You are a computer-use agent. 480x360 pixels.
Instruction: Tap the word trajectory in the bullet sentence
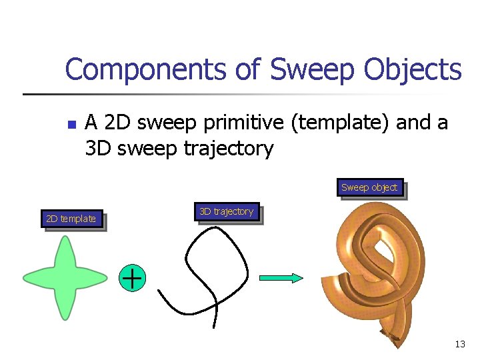click(227, 149)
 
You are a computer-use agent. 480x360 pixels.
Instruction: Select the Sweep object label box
click(369, 188)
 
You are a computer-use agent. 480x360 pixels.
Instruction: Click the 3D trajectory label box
click(226, 212)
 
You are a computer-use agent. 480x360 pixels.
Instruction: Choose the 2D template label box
click(71, 219)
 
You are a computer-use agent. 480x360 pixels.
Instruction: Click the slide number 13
click(459, 345)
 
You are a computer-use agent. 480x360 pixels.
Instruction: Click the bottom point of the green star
click(65, 315)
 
